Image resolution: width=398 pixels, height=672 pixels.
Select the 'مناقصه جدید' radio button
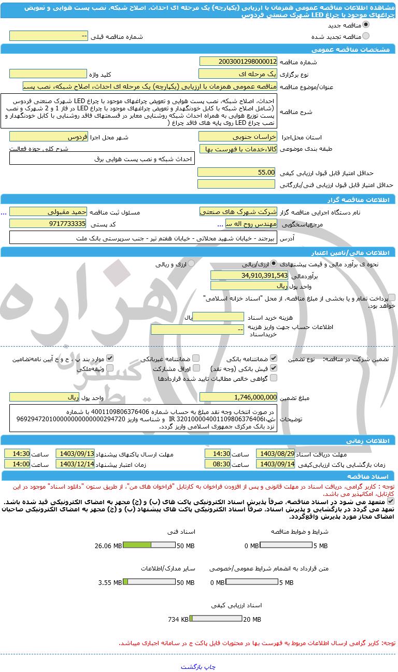point(366,24)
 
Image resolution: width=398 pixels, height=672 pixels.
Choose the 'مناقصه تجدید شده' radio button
point(366,36)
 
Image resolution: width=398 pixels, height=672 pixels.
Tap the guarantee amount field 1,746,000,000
point(238,397)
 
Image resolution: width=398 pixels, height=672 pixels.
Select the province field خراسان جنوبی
point(238,137)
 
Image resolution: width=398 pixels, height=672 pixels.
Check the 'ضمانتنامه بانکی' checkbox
point(274,358)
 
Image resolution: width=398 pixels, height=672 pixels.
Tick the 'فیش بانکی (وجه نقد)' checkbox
point(274,368)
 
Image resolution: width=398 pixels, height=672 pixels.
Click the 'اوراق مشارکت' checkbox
point(195,368)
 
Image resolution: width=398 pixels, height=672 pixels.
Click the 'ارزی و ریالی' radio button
point(191,263)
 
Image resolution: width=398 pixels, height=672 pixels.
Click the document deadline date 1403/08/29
point(276,453)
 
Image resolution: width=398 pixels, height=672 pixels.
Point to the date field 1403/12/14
point(75,464)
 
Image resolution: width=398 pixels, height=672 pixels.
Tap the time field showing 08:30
point(218,464)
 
